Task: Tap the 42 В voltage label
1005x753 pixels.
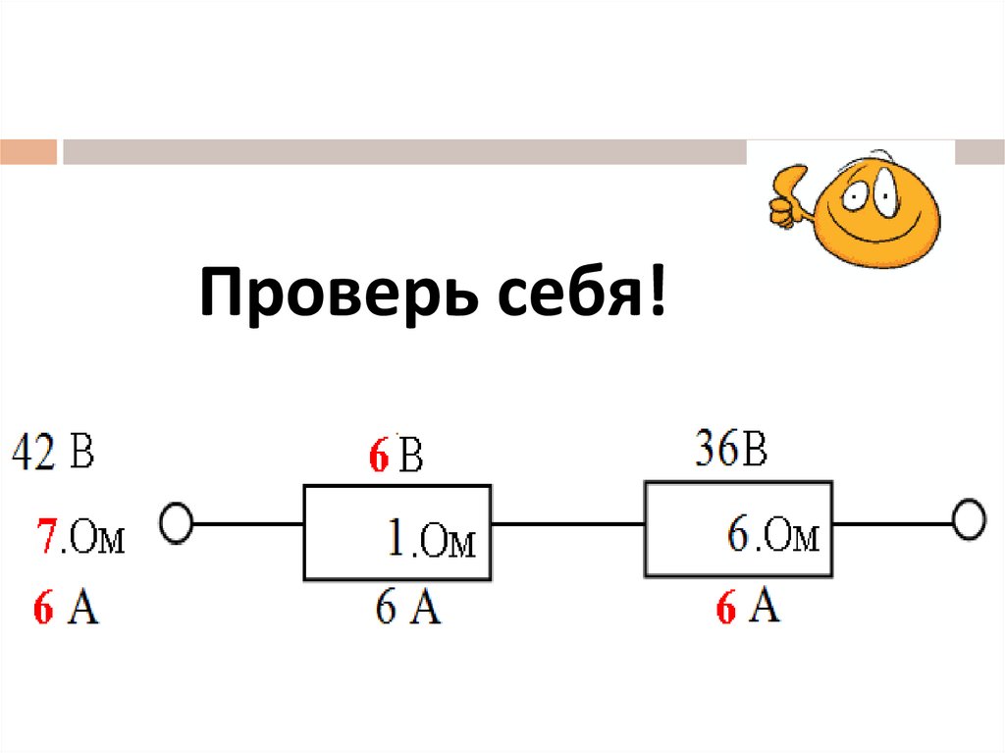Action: pyautogui.click(x=54, y=455)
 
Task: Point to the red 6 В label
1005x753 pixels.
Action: pyautogui.click(x=395, y=457)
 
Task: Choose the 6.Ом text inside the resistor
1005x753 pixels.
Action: pyautogui.click(x=773, y=537)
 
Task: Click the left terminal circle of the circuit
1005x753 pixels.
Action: pyautogui.click(x=177, y=523)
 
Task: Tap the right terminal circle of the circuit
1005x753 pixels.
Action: pyautogui.click(x=969, y=520)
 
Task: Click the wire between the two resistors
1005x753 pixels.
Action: pyautogui.click(x=567, y=523)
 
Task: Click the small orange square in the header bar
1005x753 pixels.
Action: pyautogui.click(x=28, y=151)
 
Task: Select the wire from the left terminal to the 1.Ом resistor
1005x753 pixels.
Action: pyautogui.click(x=247, y=523)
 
